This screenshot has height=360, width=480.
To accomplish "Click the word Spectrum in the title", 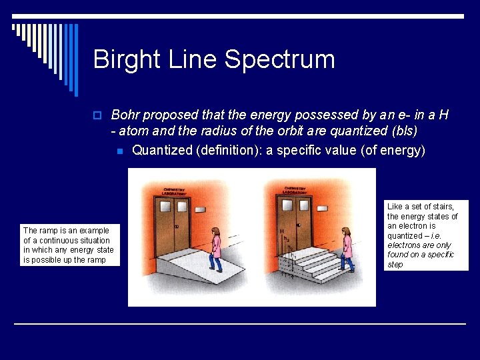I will [279, 60].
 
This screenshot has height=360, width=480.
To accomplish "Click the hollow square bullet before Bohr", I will [98, 116].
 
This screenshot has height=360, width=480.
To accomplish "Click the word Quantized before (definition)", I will [162, 150].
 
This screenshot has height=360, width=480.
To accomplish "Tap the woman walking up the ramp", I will [216, 249].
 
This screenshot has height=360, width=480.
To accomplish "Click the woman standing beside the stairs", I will [346, 249].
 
